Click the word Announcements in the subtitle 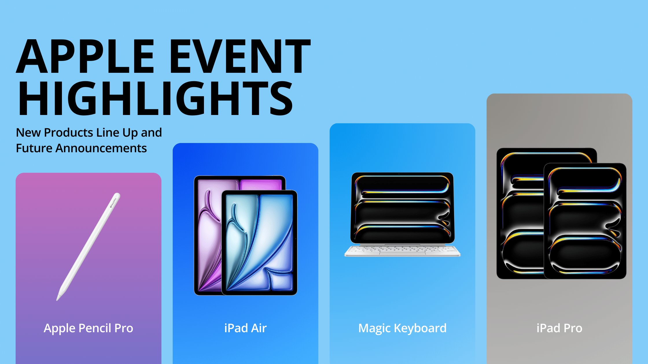[x=101, y=148]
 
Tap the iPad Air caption [x=245, y=328]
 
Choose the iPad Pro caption [x=559, y=328]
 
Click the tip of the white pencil [x=57, y=300]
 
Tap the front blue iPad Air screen [x=259, y=243]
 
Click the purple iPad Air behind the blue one [x=208, y=231]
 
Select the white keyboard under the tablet [x=402, y=251]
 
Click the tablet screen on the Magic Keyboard [x=402, y=208]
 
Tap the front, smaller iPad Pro [x=585, y=221]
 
